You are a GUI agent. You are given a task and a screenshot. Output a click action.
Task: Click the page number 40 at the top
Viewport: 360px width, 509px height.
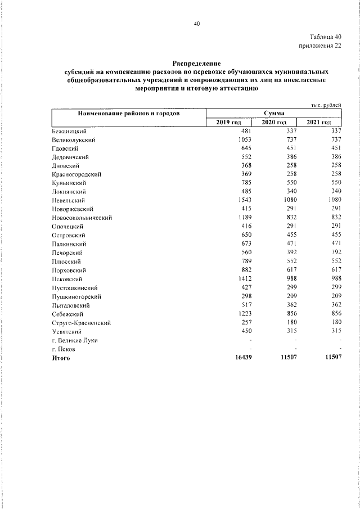(196, 24)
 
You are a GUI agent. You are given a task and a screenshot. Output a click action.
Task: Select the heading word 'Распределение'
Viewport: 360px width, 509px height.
(196, 64)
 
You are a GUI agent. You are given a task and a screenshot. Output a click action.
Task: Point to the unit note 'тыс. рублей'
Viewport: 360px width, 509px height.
(326, 105)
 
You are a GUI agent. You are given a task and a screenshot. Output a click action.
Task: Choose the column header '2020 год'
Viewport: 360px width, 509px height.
(274, 122)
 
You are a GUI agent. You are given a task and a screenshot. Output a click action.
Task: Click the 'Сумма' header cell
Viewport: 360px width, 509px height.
(273, 113)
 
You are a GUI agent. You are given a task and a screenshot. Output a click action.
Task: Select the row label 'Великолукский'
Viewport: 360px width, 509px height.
(73, 138)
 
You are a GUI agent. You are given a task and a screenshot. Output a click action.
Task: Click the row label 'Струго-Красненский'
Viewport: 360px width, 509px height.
(80, 322)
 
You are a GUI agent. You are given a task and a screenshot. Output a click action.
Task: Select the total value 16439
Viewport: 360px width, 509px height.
(238, 358)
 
